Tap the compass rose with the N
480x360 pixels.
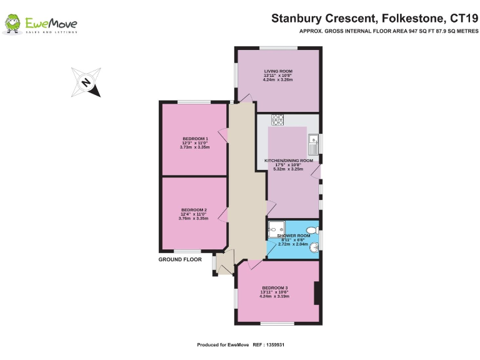[86, 81]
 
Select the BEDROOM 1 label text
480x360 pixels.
[194, 139]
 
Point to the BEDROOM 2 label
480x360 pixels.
[194, 210]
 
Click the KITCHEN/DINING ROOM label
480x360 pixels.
[288, 161]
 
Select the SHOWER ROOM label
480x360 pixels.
[294, 236]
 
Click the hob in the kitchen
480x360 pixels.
[277, 119]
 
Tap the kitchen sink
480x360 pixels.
[312, 146]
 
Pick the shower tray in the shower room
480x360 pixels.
[276, 229]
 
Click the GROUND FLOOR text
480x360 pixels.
[179, 259]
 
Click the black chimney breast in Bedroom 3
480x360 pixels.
[317, 293]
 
